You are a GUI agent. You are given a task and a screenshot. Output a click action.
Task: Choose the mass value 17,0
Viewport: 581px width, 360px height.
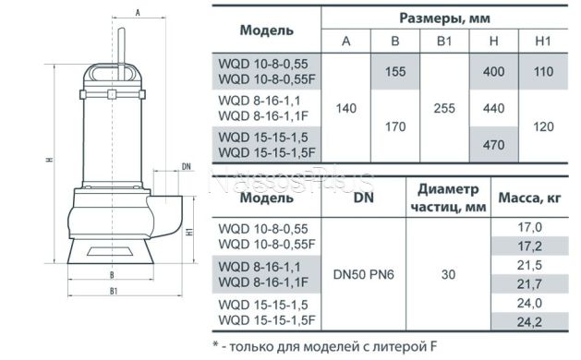point(539,227)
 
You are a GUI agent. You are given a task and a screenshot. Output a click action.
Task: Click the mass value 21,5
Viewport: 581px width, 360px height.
point(539,265)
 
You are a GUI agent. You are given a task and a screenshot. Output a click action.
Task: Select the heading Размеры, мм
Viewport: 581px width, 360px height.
point(450,17)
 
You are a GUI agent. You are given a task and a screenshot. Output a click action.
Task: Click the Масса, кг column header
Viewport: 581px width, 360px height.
point(539,197)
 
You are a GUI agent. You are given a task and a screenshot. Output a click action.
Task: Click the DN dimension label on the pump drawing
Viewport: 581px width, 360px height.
point(186,167)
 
